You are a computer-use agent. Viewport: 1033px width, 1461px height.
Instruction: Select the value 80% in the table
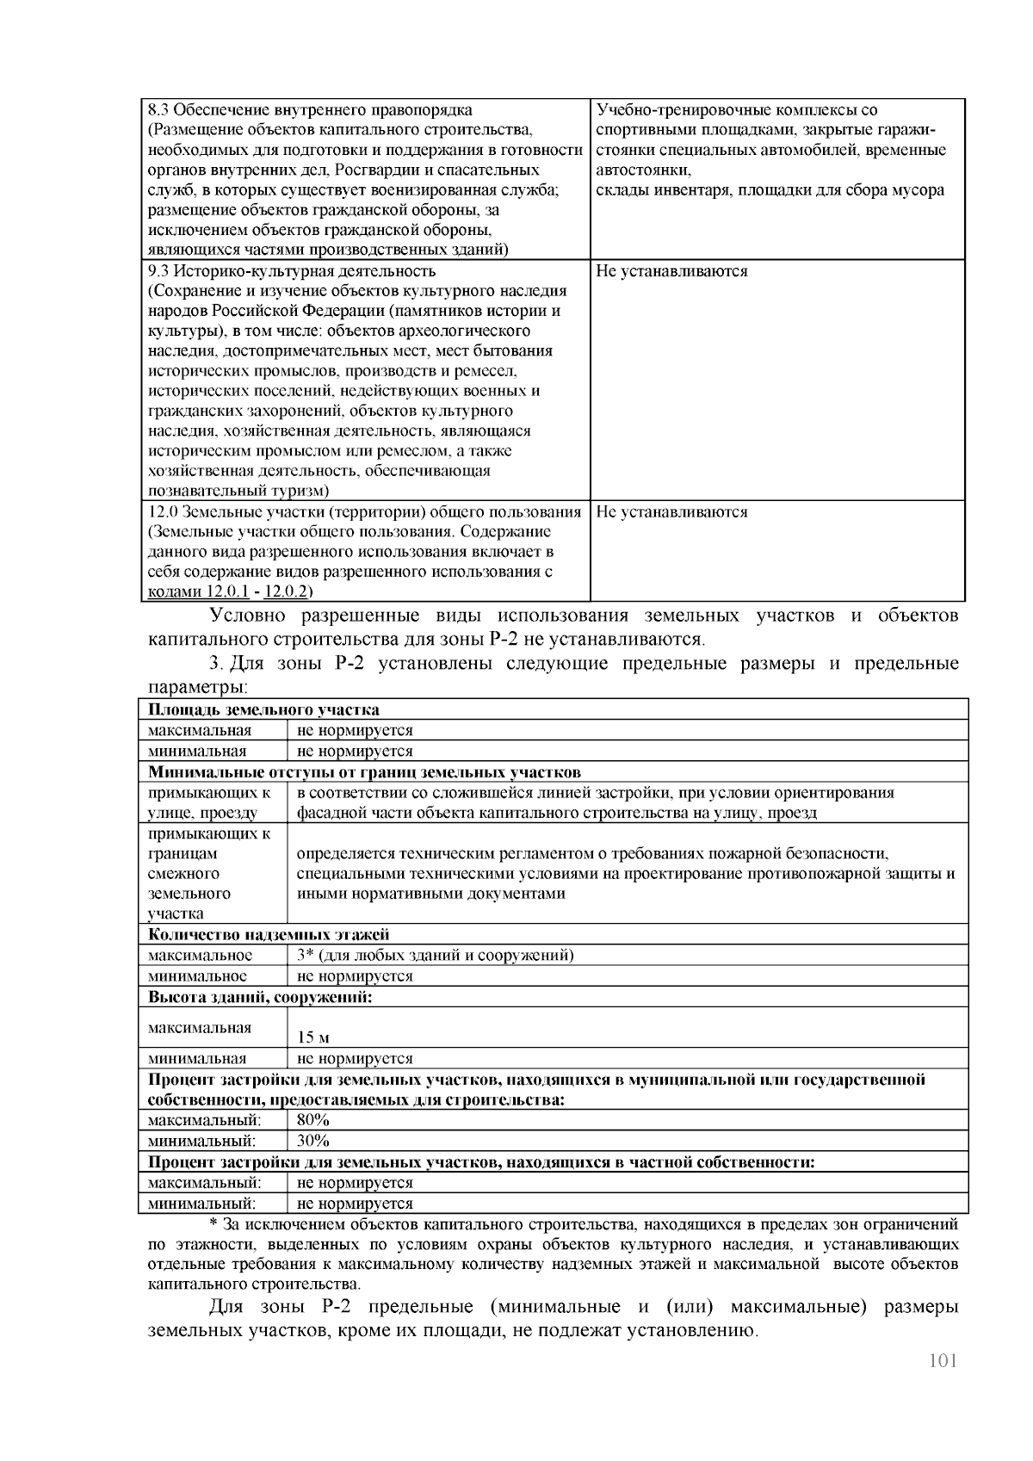313,1120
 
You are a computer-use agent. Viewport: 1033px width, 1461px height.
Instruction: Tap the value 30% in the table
313,1141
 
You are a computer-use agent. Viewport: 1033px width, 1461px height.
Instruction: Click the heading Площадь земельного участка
263,710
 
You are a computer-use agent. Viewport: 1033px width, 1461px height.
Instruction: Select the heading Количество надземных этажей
269,934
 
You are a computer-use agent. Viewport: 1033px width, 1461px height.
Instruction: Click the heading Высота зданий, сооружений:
260,997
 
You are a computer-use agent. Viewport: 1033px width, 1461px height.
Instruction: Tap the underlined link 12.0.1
227,592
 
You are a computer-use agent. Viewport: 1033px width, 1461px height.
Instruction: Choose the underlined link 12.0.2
286,592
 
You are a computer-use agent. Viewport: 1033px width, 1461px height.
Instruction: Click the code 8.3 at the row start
158,110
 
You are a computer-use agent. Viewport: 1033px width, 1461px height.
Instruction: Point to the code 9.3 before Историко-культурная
158,271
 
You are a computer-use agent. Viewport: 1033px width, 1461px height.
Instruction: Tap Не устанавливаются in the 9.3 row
671,271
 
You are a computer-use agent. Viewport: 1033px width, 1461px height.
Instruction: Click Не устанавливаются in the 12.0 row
671,512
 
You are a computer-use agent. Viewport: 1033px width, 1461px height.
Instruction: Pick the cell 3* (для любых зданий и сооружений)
435,955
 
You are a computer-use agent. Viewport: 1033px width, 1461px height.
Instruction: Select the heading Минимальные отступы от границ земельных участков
364,772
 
